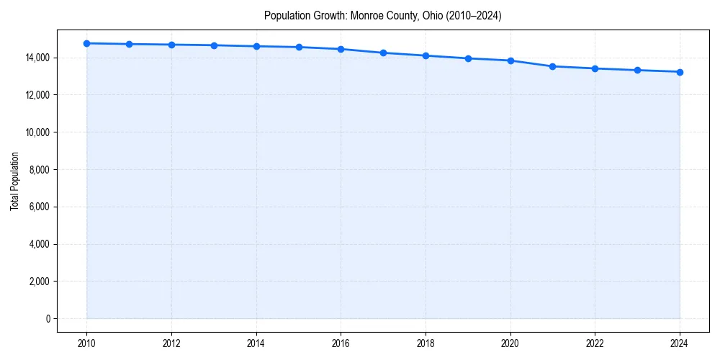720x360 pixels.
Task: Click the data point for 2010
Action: click(x=86, y=43)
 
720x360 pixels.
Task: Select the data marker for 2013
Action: click(x=214, y=45)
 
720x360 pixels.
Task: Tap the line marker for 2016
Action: click(x=341, y=49)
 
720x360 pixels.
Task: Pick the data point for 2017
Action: click(x=383, y=53)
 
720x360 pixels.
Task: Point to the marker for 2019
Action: click(x=468, y=58)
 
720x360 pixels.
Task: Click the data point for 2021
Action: click(x=552, y=66)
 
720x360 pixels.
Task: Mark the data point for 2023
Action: click(x=637, y=70)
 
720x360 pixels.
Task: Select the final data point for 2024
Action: click(x=680, y=72)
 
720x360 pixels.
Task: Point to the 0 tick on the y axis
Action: click(x=48, y=319)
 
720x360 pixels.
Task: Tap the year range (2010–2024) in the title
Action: click(x=474, y=15)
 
